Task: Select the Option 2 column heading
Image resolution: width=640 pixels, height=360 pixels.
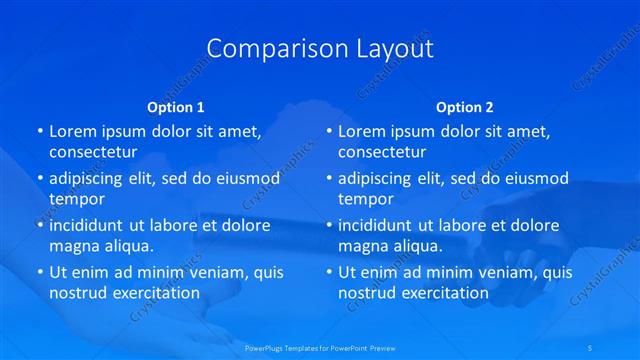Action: [464, 106]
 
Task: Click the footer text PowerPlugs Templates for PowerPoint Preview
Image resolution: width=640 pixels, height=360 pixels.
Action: [319, 348]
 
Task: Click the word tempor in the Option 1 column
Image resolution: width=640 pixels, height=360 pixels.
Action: [77, 198]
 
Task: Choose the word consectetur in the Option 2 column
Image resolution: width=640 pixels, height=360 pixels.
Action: [382, 152]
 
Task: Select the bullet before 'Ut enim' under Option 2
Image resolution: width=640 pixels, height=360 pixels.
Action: [329, 272]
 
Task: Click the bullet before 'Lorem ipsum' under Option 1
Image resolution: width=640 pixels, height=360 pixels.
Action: [40, 131]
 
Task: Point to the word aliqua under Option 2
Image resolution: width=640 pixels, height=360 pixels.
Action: [417, 246]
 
